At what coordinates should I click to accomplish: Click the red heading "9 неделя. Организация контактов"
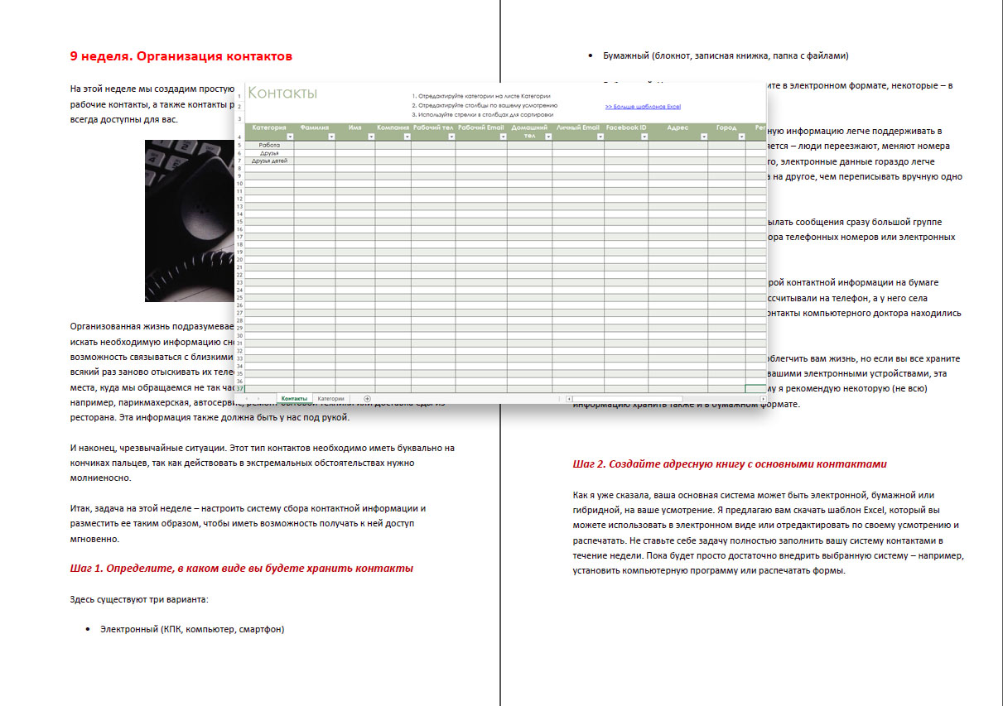pyautogui.click(x=181, y=56)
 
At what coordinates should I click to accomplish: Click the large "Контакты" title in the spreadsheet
pyautogui.click(x=282, y=93)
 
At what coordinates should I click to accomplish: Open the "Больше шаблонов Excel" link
pyautogui.click(x=643, y=107)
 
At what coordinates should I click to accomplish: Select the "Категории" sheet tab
pyautogui.click(x=330, y=399)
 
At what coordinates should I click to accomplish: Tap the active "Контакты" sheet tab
pyautogui.click(x=294, y=399)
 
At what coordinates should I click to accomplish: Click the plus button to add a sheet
pyautogui.click(x=367, y=399)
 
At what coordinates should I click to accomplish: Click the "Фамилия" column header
pyautogui.click(x=315, y=128)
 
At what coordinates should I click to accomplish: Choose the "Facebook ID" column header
pyautogui.click(x=626, y=128)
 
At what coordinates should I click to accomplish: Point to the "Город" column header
pyautogui.click(x=726, y=128)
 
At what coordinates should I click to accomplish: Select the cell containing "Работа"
pyautogui.click(x=269, y=145)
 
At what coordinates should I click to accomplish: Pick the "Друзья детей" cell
pyautogui.click(x=269, y=161)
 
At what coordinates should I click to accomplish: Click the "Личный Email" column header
pyautogui.click(x=578, y=128)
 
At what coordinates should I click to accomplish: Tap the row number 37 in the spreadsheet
pyautogui.click(x=239, y=388)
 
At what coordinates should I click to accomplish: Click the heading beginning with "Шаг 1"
pyautogui.click(x=242, y=569)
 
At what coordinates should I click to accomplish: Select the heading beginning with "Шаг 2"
pyautogui.click(x=730, y=464)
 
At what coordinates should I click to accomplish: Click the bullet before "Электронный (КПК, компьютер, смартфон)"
pyautogui.click(x=88, y=630)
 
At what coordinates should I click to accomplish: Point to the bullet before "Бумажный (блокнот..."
pyautogui.click(x=590, y=56)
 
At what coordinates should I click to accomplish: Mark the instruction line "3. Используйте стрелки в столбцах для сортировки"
pyautogui.click(x=482, y=115)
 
